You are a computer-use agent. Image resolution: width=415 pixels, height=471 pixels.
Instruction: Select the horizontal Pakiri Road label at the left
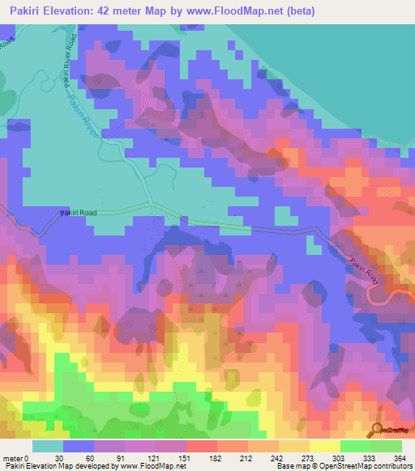coord(79,213)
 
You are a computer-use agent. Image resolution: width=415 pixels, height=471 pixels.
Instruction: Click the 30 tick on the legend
coord(60,457)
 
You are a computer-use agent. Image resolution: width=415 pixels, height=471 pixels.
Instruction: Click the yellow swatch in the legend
coord(325,445)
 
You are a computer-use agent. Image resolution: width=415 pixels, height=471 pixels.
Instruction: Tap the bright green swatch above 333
coord(354,445)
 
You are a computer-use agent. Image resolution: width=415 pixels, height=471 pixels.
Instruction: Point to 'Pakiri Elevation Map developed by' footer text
coord(59,466)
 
